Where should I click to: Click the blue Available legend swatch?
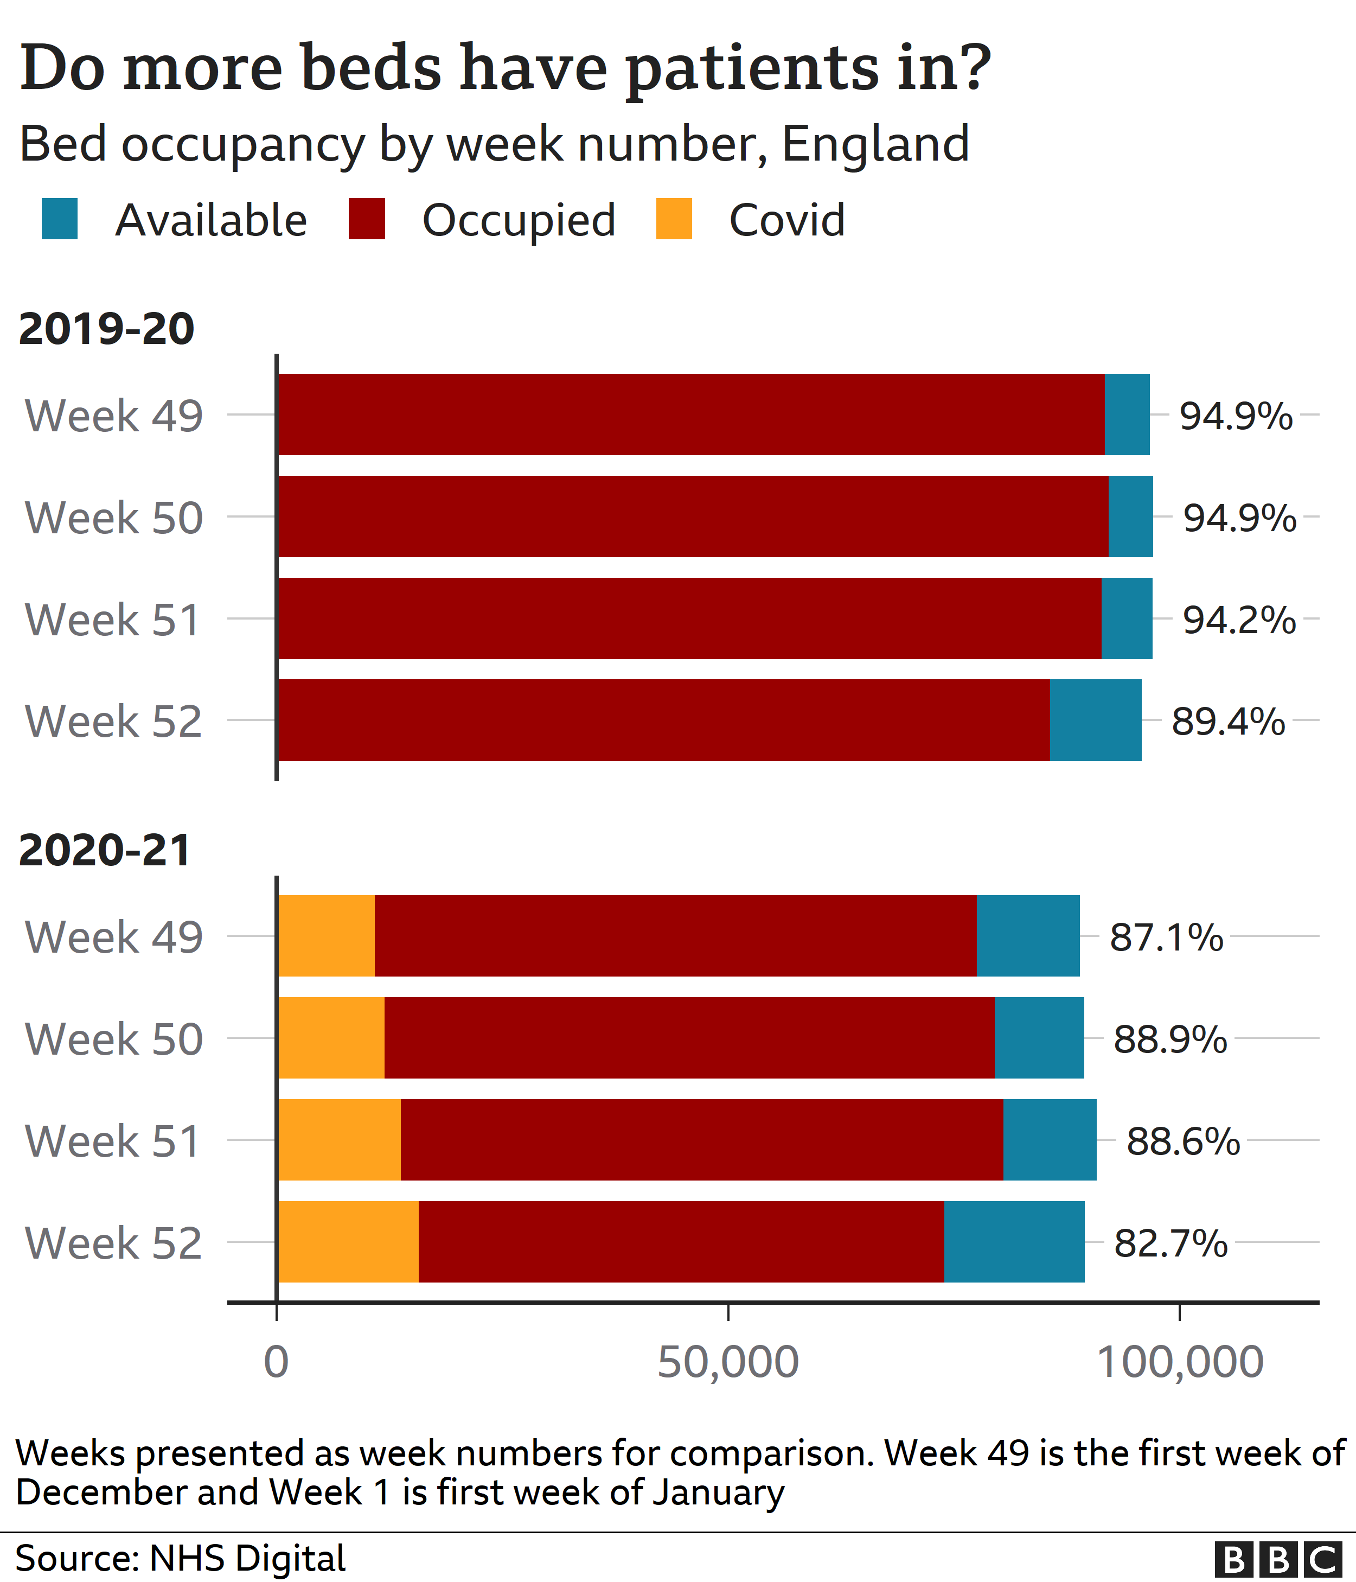(60, 219)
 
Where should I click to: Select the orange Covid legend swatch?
(674, 219)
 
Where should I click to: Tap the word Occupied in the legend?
(519, 221)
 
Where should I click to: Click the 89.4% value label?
(1228, 721)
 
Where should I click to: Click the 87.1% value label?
(1166, 937)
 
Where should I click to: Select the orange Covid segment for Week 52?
(348, 1241)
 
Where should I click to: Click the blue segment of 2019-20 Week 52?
(1095, 720)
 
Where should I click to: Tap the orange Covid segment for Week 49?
(327, 935)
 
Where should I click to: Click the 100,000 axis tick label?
(1180, 1362)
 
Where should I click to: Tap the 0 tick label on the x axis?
(277, 1362)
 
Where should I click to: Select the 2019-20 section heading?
(106, 329)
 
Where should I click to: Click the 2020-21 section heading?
(105, 851)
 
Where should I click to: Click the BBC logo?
(1277, 1558)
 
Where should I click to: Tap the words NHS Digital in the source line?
(247, 1558)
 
